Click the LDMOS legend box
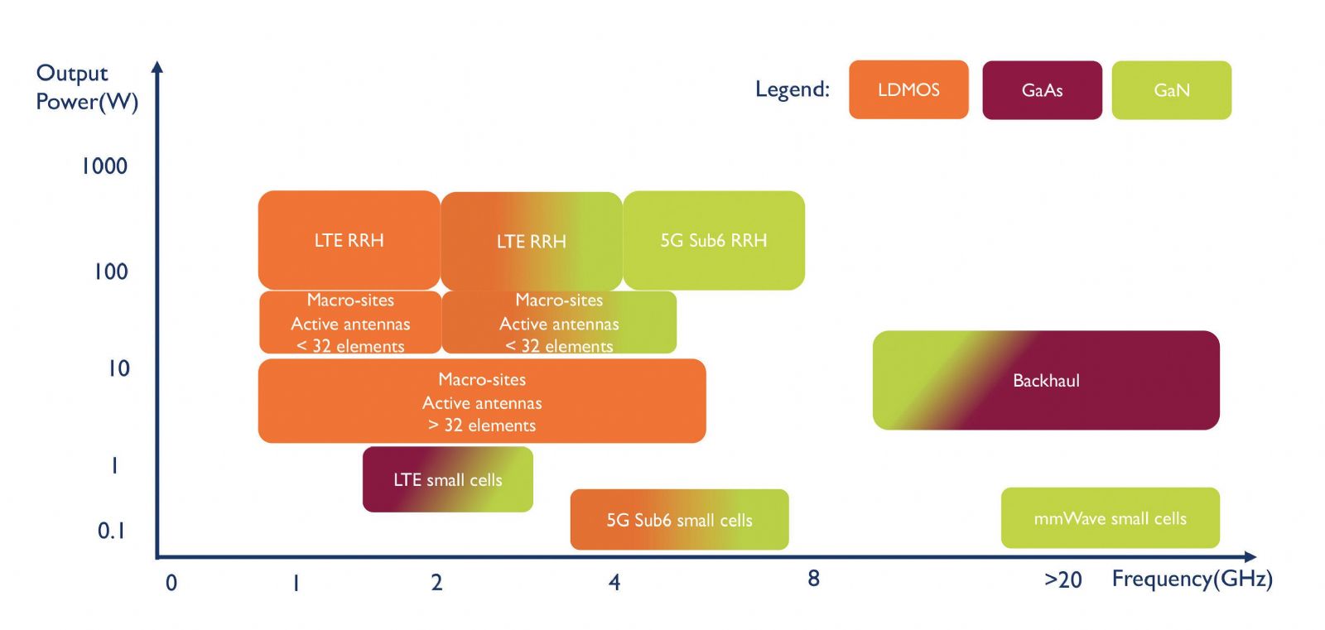pos(908,89)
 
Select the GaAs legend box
pos(1043,90)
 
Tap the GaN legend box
pos(1172,90)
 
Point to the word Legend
pos(793,89)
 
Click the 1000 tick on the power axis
pos(104,166)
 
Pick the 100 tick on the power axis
pos(111,272)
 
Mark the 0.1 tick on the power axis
pos(111,531)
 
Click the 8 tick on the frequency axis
pos(813,578)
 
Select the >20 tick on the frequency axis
pos(1063,580)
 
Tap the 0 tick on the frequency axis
pos(171,584)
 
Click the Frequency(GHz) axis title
pos(1192,579)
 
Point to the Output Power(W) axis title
pos(87,87)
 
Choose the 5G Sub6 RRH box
pos(714,240)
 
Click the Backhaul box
pos(1046,380)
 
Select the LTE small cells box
pos(448,479)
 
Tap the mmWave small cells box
pos(1111,518)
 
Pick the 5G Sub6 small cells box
pos(680,519)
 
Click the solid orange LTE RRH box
pos(349,240)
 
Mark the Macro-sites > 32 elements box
pos(482,401)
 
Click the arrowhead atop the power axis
pos(157,66)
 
